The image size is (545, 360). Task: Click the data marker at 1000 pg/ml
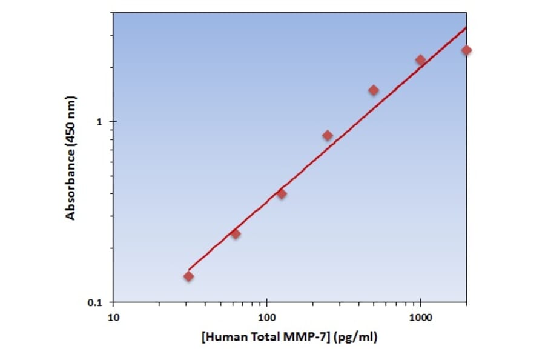pyautogui.click(x=420, y=60)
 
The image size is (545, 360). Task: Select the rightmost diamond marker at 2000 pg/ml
pyautogui.click(x=466, y=50)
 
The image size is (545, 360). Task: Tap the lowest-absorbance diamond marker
pyautogui.click(x=189, y=276)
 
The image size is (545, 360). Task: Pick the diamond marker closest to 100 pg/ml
pyautogui.click(x=282, y=194)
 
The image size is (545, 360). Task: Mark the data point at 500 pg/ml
pyautogui.click(x=374, y=90)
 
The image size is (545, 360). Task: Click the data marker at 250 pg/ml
pyautogui.click(x=328, y=135)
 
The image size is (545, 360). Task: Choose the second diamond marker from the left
pyautogui.click(x=236, y=234)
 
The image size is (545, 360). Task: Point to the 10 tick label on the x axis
pyautogui.click(x=113, y=317)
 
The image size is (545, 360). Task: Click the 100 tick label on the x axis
pyautogui.click(x=267, y=317)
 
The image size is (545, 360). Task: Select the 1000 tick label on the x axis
pyautogui.click(x=421, y=317)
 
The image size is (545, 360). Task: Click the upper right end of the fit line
pyautogui.click(x=466, y=27)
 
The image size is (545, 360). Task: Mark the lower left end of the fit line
pyautogui.click(x=189, y=269)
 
